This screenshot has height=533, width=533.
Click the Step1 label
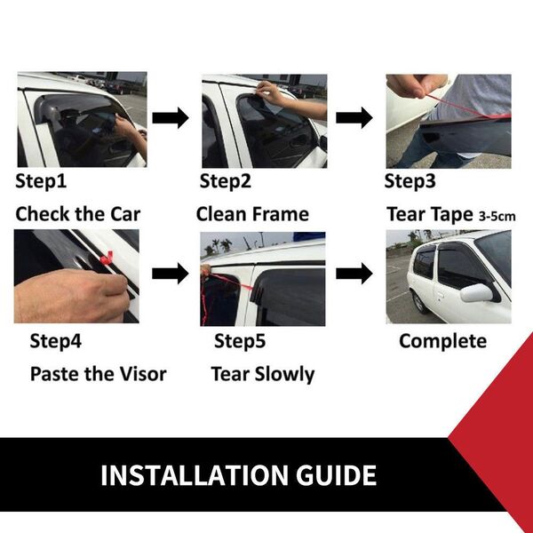click(41, 181)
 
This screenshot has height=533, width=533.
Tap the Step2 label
click(225, 181)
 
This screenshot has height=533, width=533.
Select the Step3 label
click(410, 181)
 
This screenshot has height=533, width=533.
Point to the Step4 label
click(55, 341)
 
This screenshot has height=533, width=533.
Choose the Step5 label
click(240, 341)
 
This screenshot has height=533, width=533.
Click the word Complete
click(442, 341)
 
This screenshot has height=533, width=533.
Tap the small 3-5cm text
click(497, 216)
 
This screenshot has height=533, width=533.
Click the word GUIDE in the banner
click(336, 475)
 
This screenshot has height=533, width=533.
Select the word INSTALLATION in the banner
click(195, 475)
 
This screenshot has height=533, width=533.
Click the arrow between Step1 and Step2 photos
click(171, 118)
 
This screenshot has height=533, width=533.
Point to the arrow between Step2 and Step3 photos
click(354, 118)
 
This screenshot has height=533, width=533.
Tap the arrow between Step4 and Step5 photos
click(170, 274)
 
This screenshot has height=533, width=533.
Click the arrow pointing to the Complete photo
click(354, 274)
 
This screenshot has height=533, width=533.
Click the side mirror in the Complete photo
click(477, 293)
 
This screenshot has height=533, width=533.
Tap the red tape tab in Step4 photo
click(107, 259)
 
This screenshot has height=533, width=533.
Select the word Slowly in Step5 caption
click(284, 375)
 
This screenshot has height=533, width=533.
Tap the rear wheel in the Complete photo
click(418, 302)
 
